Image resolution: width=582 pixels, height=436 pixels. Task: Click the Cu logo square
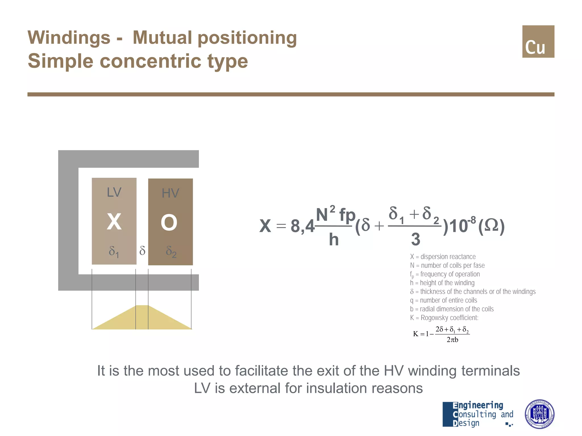click(x=538, y=41)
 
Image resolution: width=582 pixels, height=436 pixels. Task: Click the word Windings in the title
click(x=69, y=37)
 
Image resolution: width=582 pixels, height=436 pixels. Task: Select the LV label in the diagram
click(x=114, y=192)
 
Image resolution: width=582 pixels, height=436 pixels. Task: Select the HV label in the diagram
click(x=170, y=193)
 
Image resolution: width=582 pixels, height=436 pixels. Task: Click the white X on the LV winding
click(x=114, y=222)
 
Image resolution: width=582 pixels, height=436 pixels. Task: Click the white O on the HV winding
click(x=169, y=223)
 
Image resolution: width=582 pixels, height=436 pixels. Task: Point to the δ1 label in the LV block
click(x=114, y=251)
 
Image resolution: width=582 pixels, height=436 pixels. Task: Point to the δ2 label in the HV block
click(x=171, y=252)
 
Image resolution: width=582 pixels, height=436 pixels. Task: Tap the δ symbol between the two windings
click(x=142, y=251)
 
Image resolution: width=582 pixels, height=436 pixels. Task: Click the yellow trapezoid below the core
click(x=142, y=319)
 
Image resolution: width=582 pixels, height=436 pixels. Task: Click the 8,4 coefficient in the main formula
click(x=302, y=227)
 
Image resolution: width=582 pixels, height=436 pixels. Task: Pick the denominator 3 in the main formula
click(x=415, y=239)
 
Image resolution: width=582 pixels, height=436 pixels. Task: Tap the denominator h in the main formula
click(x=334, y=240)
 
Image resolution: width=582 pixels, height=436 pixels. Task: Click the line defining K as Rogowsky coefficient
click(x=444, y=318)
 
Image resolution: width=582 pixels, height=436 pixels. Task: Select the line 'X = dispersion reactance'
click(x=443, y=257)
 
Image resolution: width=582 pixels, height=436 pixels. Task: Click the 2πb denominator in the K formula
click(x=452, y=340)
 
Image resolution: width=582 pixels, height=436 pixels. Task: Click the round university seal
click(x=539, y=414)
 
